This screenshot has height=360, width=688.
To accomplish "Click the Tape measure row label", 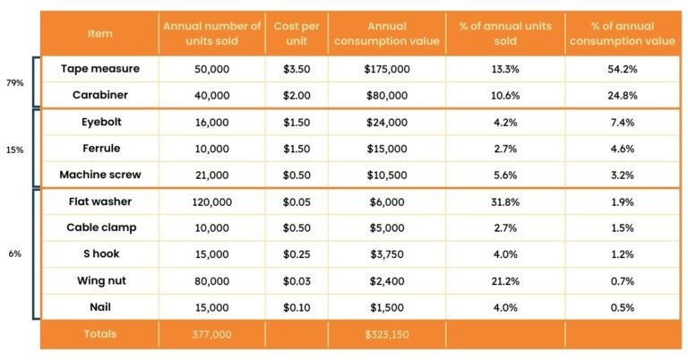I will [x=99, y=68].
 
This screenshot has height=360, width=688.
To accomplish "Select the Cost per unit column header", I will [x=297, y=32].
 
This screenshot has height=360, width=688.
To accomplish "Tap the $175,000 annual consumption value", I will [x=387, y=68].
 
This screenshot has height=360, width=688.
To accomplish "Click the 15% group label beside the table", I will [x=15, y=149].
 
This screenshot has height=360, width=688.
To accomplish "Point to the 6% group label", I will [x=15, y=253].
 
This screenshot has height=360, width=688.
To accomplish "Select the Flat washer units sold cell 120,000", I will [x=212, y=201].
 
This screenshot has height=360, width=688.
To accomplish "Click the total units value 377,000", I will [x=212, y=334].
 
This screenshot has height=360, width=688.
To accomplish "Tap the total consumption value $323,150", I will [x=387, y=334].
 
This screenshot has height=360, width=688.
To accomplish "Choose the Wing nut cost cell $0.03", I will [x=297, y=280].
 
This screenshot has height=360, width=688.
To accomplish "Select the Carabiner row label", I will [x=99, y=95].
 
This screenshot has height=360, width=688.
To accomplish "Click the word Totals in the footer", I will [x=100, y=334].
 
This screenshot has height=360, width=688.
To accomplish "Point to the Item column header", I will [x=99, y=33].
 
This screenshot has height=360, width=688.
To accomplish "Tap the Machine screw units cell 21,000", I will [x=212, y=175].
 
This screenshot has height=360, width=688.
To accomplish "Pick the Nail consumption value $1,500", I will [x=387, y=307].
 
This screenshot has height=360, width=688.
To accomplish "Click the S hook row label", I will [x=99, y=254].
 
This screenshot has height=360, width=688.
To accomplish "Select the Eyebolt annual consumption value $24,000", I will [x=387, y=122].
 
